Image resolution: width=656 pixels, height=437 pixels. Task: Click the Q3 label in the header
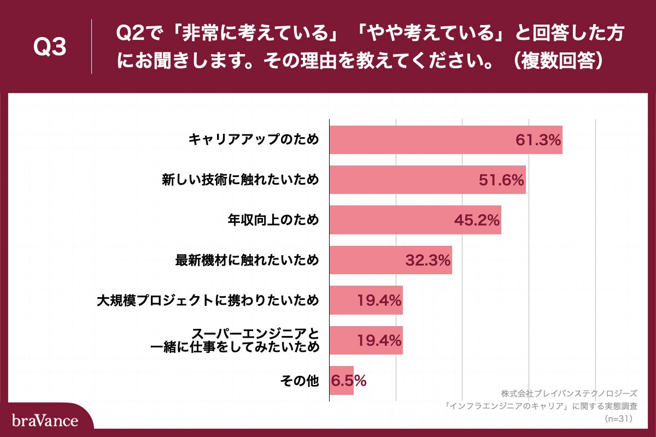(x=50, y=48)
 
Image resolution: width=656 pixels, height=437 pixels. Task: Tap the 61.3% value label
(x=538, y=140)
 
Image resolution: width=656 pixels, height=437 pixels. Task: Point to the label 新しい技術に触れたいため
(x=240, y=180)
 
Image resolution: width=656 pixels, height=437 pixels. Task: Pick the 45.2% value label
(x=477, y=220)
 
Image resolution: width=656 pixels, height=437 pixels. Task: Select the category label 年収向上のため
(x=273, y=220)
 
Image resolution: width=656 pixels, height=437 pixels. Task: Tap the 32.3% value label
(x=428, y=260)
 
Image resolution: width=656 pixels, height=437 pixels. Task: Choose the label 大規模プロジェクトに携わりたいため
(x=207, y=300)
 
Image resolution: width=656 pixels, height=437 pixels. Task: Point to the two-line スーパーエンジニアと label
(x=235, y=340)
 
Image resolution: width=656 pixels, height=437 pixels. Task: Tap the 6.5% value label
(x=348, y=381)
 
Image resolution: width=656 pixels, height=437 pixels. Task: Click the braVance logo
(x=45, y=420)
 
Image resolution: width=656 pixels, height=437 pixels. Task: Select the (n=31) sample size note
(x=620, y=420)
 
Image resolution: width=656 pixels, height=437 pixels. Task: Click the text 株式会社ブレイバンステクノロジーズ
(x=569, y=393)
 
